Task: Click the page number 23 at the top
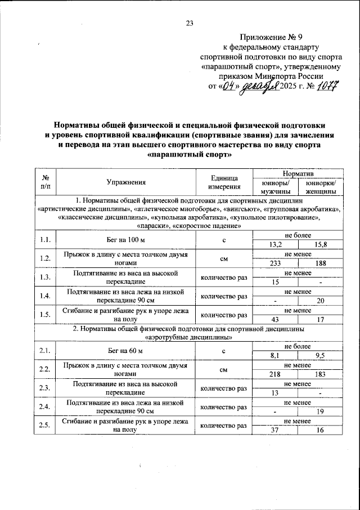point(189,23)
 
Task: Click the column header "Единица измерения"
point(224,182)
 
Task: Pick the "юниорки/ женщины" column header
point(320,187)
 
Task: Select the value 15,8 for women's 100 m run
point(321,244)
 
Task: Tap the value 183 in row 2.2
point(321,374)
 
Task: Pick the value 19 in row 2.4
point(321,411)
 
